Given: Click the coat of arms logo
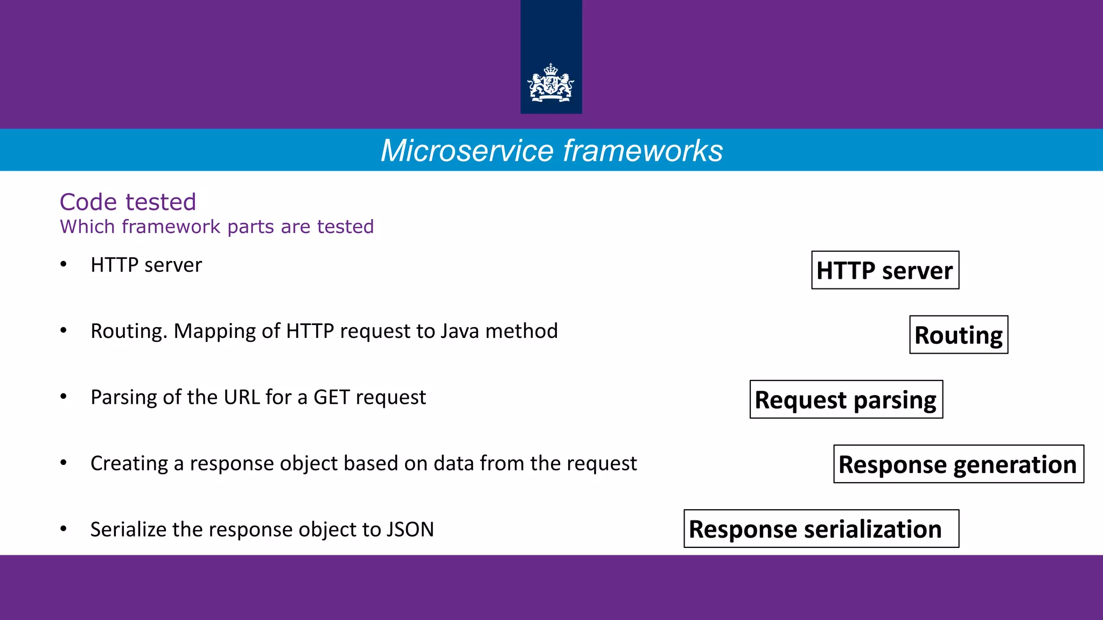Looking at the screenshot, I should click(550, 83).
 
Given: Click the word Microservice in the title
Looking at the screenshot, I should click(467, 151).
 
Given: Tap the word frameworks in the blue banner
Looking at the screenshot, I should click(643, 151).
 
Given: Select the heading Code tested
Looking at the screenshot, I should click(128, 202).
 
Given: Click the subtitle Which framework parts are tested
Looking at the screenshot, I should click(217, 227).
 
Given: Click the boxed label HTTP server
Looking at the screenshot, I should click(885, 270).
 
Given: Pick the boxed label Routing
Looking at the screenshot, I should click(958, 335).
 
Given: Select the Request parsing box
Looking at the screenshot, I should click(846, 399).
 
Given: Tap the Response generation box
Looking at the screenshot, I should click(958, 464).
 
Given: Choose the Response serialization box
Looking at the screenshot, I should click(821, 529).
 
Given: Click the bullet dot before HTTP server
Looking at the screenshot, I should click(64, 264).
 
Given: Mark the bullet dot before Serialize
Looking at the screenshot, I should click(64, 529).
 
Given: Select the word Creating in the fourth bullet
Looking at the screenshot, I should click(129, 463).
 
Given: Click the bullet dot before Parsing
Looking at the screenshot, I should click(64, 397).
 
